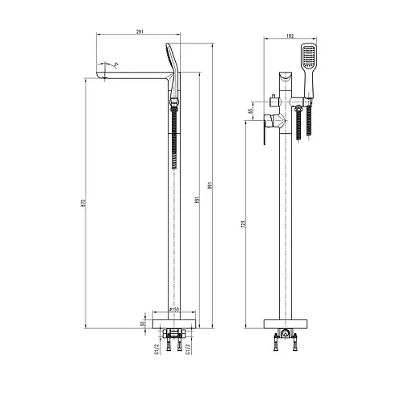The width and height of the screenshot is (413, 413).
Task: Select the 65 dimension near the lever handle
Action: click(x=251, y=111)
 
